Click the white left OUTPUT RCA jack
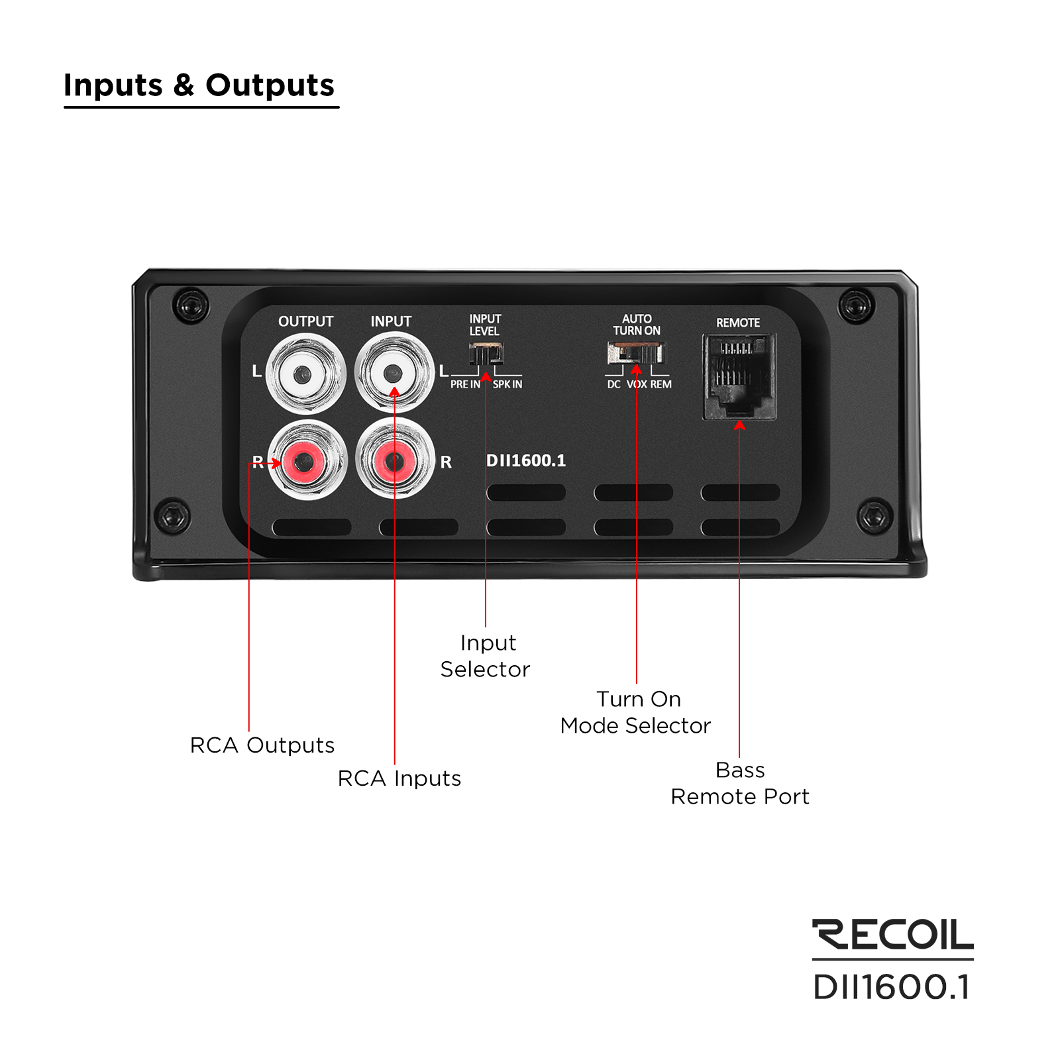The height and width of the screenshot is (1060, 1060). (305, 374)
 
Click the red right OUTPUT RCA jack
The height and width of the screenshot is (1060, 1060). (305, 460)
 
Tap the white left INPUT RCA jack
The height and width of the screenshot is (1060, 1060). (394, 373)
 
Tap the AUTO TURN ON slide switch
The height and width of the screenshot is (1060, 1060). (635, 352)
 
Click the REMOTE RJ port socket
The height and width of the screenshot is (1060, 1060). (739, 376)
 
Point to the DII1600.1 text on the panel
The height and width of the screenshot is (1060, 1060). (526, 460)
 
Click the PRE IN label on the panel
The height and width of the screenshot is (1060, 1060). (465, 384)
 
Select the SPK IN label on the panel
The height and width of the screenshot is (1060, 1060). (507, 384)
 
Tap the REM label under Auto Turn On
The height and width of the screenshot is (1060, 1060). (661, 384)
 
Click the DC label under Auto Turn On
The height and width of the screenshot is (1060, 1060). (614, 384)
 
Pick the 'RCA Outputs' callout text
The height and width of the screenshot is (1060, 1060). (262, 745)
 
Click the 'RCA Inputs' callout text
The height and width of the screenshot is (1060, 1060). (399, 778)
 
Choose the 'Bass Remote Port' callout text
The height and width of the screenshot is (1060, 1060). (740, 783)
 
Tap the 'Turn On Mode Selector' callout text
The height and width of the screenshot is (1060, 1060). (635, 712)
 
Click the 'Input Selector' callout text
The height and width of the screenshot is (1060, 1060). (486, 656)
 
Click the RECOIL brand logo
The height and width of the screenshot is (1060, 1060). (892, 935)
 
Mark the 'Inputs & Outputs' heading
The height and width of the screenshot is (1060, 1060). (199, 85)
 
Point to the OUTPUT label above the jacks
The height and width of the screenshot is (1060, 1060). (305, 321)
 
